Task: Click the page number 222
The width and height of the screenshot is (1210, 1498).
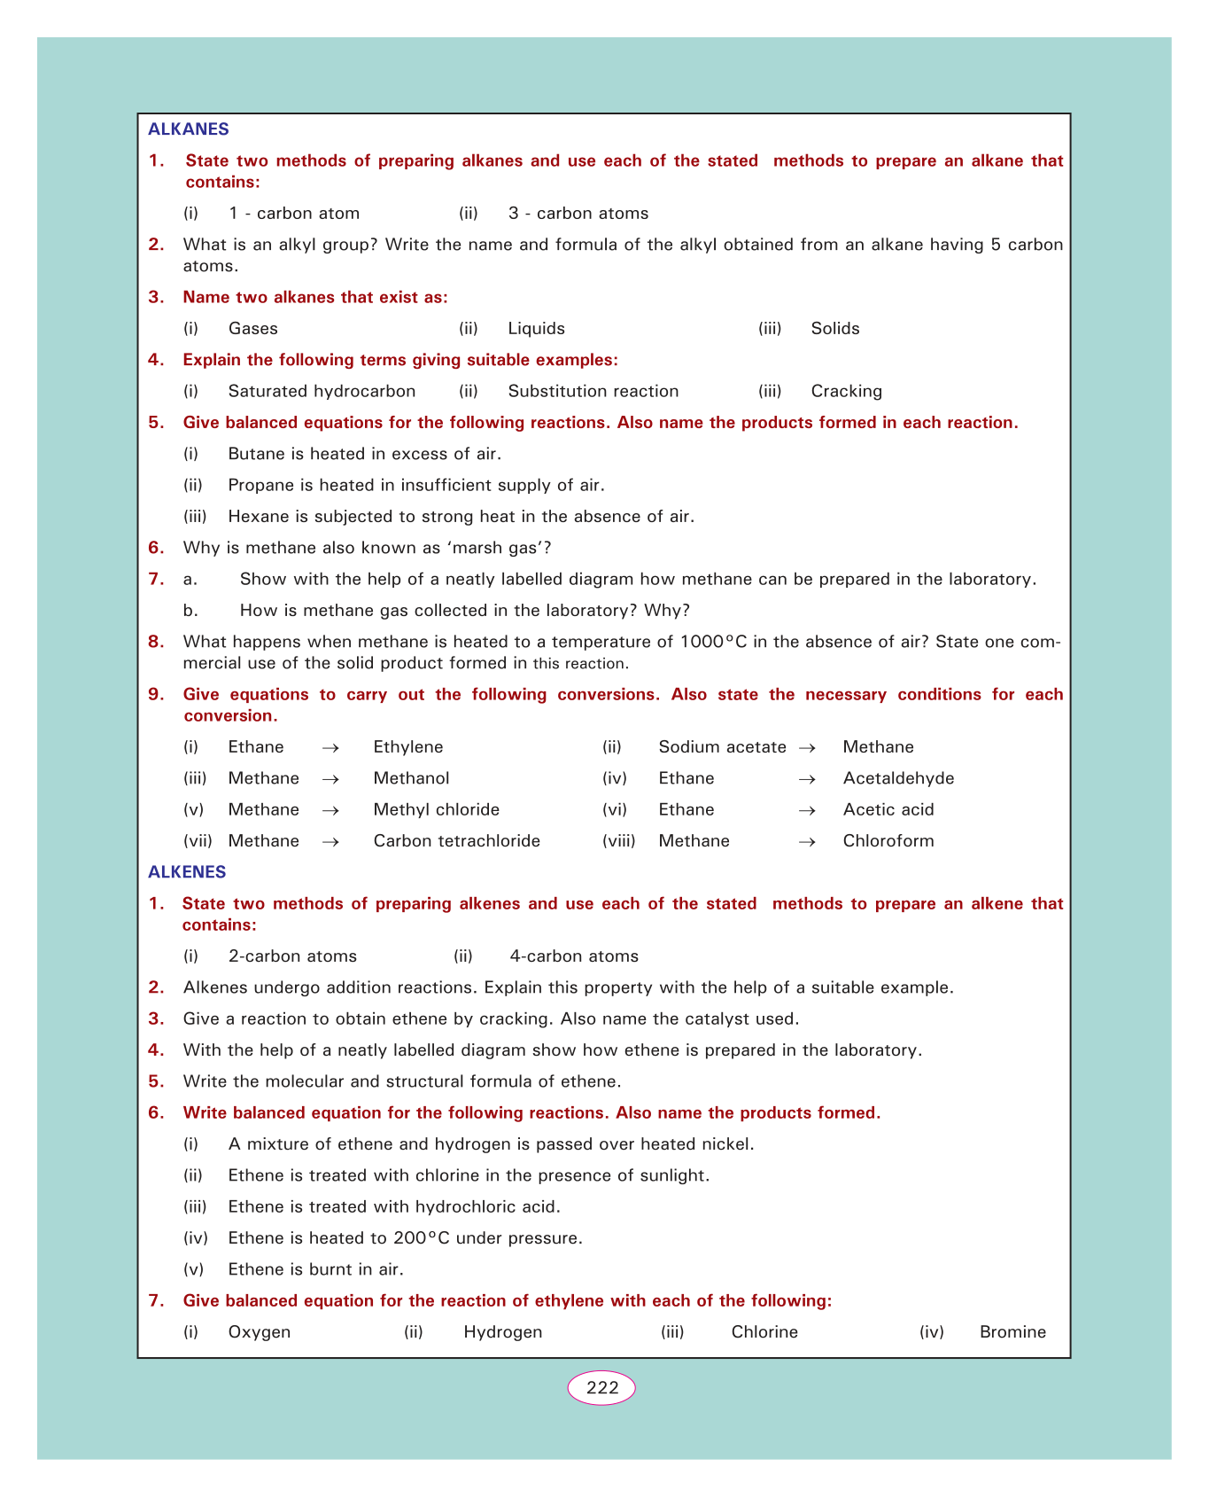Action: [601, 1387]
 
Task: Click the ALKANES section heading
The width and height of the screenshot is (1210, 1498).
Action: [188, 129]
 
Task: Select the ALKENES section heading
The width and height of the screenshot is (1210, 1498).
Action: [187, 872]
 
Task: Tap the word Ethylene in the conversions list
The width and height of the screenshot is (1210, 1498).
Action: [408, 747]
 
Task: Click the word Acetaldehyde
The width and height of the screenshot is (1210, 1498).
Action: [898, 778]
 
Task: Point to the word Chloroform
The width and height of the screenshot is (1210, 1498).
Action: [888, 841]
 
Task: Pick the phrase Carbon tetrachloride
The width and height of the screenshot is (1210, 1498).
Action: [456, 841]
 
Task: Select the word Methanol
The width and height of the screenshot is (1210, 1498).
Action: [411, 778]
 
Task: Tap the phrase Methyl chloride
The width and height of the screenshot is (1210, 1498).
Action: [436, 809]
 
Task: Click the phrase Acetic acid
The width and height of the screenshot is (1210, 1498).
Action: [888, 809]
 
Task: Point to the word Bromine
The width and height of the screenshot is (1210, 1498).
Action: [1012, 1332]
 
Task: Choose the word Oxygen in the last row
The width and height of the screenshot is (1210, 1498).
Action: [259, 1332]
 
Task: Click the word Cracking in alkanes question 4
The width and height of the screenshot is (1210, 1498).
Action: [846, 391]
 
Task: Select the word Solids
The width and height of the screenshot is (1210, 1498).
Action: [835, 329]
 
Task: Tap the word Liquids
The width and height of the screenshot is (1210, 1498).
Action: [536, 329]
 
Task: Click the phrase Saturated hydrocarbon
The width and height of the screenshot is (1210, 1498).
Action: [322, 391]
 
